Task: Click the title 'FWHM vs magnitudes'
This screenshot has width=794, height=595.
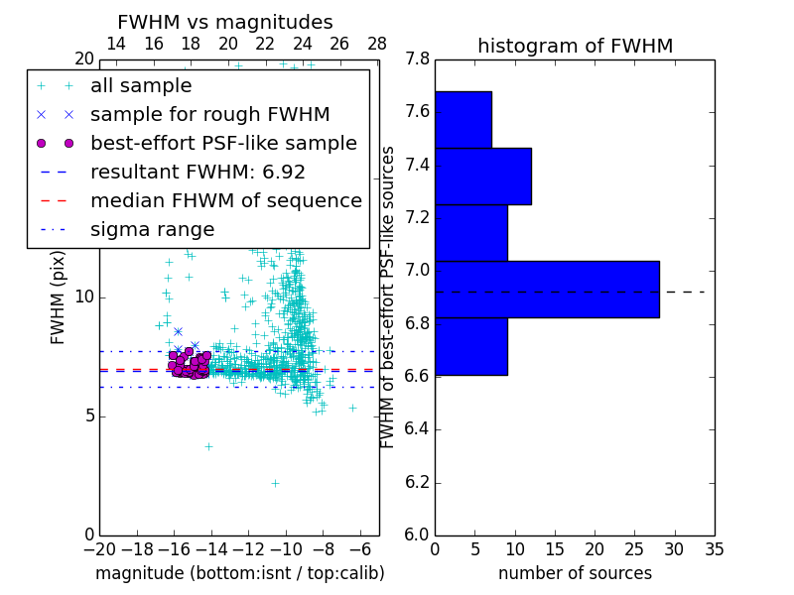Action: click(x=224, y=22)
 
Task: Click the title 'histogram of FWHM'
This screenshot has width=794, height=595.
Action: click(x=575, y=46)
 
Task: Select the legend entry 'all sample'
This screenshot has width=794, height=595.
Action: click(x=141, y=86)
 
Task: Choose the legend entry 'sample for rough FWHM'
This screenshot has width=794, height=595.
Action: click(x=209, y=114)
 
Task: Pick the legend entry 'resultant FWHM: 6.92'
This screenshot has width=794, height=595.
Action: click(x=198, y=172)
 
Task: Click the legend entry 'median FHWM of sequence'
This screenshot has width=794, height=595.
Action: click(x=225, y=200)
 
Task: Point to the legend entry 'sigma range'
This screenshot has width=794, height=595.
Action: click(x=152, y=229)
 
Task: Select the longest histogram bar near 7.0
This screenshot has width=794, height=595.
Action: click(x=547, y=289)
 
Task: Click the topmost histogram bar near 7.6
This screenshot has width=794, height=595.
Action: click(x=463, y=119)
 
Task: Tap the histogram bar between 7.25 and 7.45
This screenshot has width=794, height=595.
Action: click(x=482, y=176)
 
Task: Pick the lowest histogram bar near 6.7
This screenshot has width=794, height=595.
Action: click(x=470, y=346)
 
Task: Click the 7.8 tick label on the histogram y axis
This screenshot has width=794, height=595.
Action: click(x=418, y=59)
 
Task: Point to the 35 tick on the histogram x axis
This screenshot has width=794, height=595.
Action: click(x=714, y=548)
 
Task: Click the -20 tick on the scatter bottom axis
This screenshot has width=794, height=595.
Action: click(x=99, y=548)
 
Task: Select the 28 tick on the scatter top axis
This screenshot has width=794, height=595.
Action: click(x=377, y=44)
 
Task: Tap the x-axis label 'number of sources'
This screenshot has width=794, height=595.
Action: click(x=575, y=573)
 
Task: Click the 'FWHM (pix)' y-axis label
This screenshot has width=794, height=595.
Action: click(x=59, y=297)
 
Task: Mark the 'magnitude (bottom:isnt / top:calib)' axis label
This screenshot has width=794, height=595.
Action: click(x=239, y=573)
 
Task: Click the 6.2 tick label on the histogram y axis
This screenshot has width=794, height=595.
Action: click(x=418, y=482)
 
